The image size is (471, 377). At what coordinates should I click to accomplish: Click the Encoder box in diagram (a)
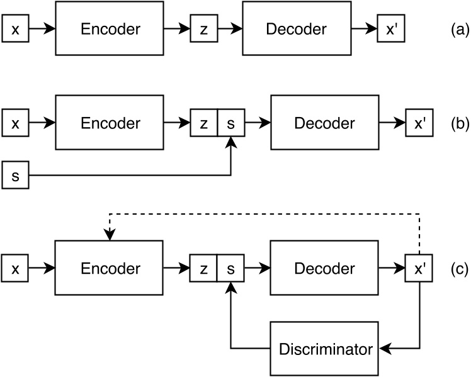(x=110, y=29)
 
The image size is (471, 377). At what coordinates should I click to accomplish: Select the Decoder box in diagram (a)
(x=296, y=29)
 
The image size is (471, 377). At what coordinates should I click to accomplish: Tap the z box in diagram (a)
(x=203, y=30)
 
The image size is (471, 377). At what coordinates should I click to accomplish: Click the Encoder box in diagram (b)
(x=110, y=123)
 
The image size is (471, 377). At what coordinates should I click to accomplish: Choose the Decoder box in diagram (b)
(x=324, y=123)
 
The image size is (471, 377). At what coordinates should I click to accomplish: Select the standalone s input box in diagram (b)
(x=15, y=176)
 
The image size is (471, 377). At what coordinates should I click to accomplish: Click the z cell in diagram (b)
(x=203, y=123)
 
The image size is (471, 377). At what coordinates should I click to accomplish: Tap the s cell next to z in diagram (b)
(x=230, y=123)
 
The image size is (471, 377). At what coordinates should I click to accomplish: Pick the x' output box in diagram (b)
(x=419, y=123)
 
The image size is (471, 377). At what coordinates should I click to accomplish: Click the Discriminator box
(x=324, y=348)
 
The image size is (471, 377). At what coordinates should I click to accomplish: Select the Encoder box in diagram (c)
(x=110, y=269)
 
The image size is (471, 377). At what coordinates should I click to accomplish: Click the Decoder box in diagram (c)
(x=324, y=269)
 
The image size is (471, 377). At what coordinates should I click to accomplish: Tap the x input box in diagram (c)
(x=15, y=269)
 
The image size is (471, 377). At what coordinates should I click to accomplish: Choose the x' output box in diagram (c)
(x=419, y=269)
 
